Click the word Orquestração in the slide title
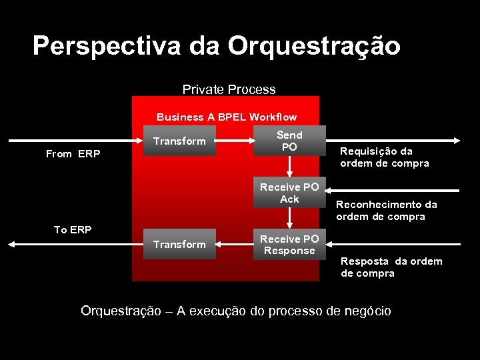click(x=313, y=47)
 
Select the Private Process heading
click(x=229, y=89)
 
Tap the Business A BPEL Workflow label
click(x=227, y=117)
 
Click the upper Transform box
click(x=180, y=141)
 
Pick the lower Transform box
click(x=180, y=244)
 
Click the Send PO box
click(x=289, y=141)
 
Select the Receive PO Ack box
click(x=289, y=193)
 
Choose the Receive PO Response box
click(x=289, y=245)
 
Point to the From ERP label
click(x=73, y=154)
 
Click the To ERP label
click(x=73, y=230)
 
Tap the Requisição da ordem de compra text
click(x=385, y=157)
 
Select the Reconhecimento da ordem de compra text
click(x=387, y=211)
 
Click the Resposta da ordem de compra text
click(x=391, y=267)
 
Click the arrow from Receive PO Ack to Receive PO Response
click(x=289, y=219)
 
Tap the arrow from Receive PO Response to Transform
click(x=235, y=245)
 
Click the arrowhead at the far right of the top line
click(x=457, y=141)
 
